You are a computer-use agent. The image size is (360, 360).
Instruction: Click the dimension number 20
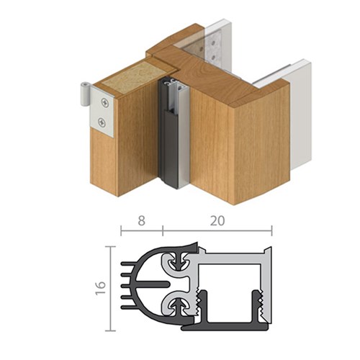pyautogui.click(x=216, y=222)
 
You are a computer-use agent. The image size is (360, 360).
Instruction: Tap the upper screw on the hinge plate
pyautogui.click(x=105, y=101)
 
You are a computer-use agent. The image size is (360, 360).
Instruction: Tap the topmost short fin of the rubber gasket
pyautogui.click(x=130, y=267)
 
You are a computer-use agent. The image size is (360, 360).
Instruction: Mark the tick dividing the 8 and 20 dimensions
pyautogui.click(x=162, y=230)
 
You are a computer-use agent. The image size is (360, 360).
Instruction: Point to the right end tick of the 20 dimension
pyautogui.click(x=271, y=230)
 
